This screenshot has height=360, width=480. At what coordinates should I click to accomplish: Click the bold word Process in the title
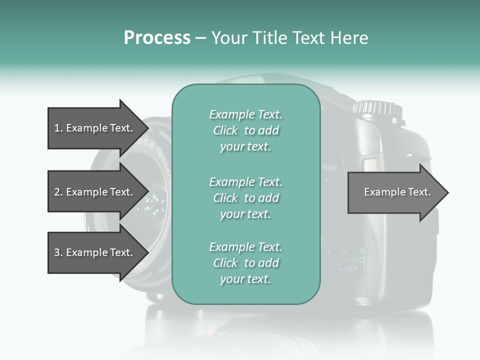157,38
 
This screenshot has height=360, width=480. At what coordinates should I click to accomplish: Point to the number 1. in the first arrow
58,128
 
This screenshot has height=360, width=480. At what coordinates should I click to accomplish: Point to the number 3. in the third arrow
58,252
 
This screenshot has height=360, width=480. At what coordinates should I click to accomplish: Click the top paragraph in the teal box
245,130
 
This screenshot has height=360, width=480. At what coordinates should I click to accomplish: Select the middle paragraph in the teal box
245,198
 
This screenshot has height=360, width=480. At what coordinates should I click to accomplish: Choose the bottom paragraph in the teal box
245,263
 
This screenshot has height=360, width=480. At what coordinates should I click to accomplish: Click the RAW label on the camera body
330,167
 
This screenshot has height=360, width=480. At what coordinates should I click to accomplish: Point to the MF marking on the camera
352,269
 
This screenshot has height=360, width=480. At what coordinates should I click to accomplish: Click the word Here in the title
349,38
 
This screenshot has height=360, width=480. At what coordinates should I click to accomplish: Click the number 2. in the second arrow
58,192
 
